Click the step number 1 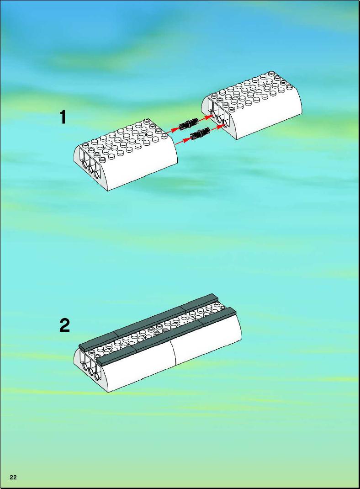(63, 117)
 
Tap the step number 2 (64, 325)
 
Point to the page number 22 (13, 477)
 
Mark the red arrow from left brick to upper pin (173, 130)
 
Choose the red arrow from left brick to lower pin (183, 140)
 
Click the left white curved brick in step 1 (126, 154)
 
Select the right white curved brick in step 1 (252, 104)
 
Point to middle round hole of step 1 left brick (91, 169)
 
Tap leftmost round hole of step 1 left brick (85, 164)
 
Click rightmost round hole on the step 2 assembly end (96, 376)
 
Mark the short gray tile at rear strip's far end (198, 302)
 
